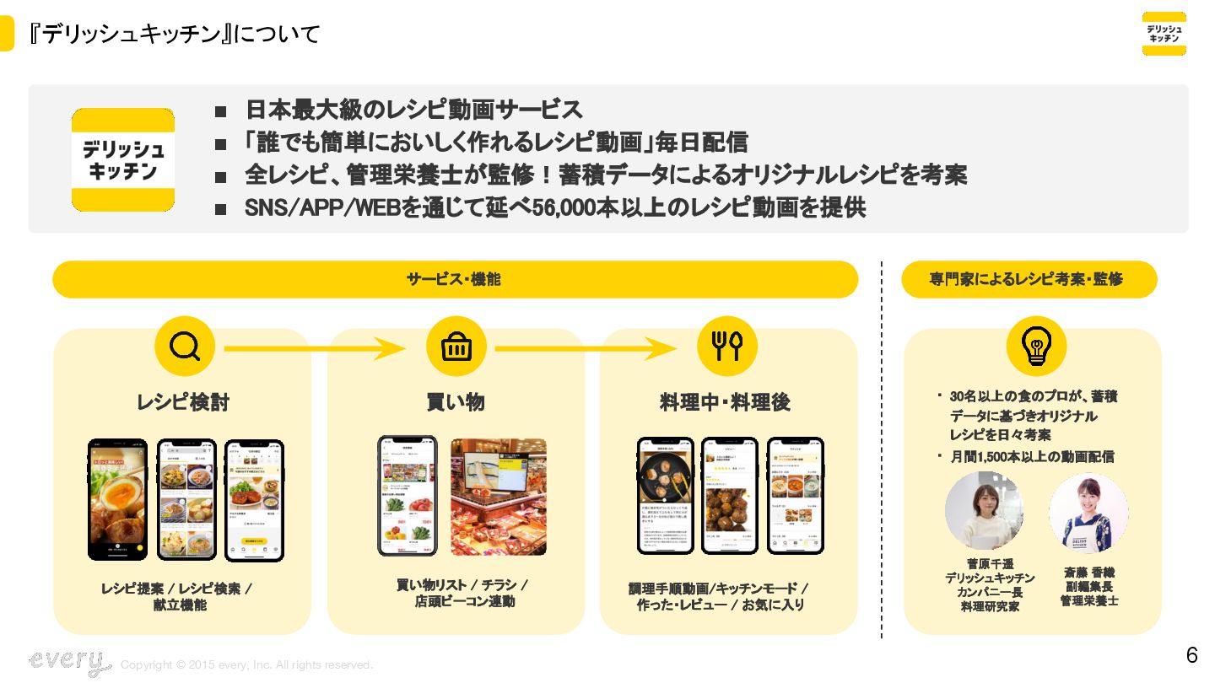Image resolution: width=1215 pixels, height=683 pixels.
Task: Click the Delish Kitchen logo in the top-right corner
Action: tap(1164, 34)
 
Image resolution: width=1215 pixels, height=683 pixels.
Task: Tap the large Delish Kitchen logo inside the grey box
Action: tap(123, 159)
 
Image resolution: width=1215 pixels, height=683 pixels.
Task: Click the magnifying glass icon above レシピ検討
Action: tap(184, 346)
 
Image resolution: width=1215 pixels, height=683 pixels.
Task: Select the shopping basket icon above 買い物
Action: tap(456, 346)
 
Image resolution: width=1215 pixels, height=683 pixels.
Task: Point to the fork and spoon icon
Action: tap(726, 346)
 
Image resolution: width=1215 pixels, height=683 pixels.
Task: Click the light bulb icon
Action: tap(1035, 346)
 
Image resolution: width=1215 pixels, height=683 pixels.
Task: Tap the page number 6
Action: tap(1191, 655)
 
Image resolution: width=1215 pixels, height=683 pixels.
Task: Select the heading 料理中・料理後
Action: tap(725, 402)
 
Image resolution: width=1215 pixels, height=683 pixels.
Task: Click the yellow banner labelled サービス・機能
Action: tap(455, 279)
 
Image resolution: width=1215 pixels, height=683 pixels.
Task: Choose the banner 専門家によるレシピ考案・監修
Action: tap(1029, 279)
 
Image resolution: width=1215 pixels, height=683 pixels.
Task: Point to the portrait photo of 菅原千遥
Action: tap(985, 511)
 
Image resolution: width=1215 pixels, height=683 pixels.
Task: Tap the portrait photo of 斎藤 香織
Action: tap(1088, 513)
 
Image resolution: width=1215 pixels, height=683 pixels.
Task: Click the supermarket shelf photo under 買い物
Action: tap(498, 497)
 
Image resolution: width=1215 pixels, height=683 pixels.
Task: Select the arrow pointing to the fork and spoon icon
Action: tap(586, 347)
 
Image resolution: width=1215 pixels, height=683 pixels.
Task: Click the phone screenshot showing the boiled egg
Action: tap(118, 499)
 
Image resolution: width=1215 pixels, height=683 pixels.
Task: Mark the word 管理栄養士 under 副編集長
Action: tap(1089, 600)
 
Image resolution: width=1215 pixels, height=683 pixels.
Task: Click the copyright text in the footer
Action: tap(246, 665)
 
